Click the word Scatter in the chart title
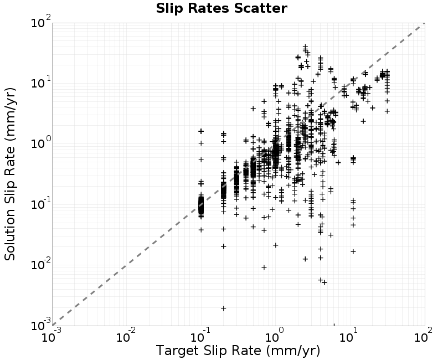click(260, 8)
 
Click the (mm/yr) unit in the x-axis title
click(293, 351)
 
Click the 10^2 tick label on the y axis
click(41, 22)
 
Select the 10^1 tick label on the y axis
click(41, 83)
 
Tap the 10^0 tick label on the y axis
click(41, 143)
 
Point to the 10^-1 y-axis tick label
click(41, 204)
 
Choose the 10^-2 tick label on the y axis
click(41, 264)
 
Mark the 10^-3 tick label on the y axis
click(41, 325)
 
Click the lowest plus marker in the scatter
click(224, 308)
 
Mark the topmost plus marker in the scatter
click(305, 47)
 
